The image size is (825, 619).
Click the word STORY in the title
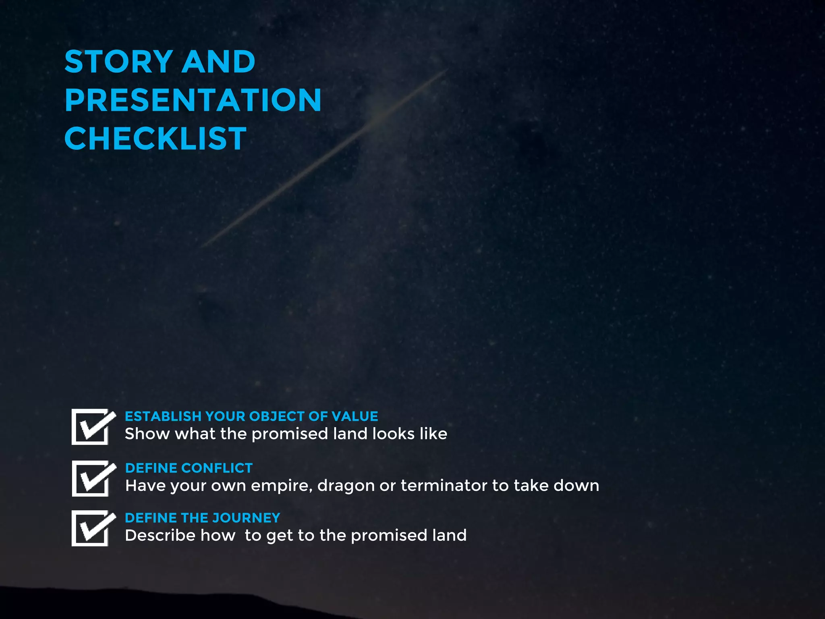click(x=119, y=62)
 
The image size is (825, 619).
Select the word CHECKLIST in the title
click(x=155, y=139)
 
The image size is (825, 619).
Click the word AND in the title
click(x=219, y=62)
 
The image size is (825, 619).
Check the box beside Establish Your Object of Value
click(x=91, y=427)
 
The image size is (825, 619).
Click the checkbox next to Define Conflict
click(x=91, y=478)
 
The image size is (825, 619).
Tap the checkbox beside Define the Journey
click(x=91, y=528)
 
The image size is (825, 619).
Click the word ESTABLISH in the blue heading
click(x=163, y=416)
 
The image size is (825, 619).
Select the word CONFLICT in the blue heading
click(x=217, y=468)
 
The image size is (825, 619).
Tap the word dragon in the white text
click(x=346, y=486)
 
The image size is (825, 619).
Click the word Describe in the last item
click(x=160, y=536)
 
